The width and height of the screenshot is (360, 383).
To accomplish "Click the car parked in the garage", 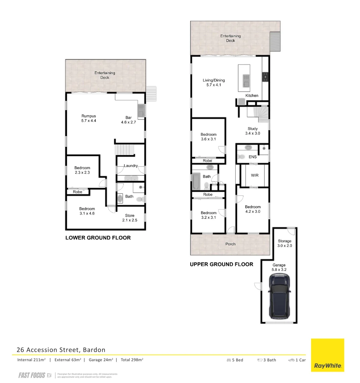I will coord(280,297).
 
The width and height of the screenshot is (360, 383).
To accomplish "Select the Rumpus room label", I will coord(89,118).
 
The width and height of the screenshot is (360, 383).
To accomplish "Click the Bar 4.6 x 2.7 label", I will coord(128,120).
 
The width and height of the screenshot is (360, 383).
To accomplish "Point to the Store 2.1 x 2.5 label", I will coord(130,218).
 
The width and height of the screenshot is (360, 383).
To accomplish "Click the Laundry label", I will coord(130,166).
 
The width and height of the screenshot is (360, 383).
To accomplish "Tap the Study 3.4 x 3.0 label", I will coord(253,131).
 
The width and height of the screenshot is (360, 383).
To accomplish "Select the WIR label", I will coord(255,176).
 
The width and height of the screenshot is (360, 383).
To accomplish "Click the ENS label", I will coord(253,157).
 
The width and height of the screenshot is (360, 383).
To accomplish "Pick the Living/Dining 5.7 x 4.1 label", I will coord(214,83).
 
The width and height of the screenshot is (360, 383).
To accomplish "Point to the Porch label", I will coord(230,244).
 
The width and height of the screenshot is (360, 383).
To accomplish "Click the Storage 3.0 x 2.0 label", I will coord(285,243).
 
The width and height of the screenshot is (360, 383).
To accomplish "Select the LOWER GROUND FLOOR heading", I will coord(98,238).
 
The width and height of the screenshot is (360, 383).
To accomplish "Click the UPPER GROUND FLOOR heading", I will coord(221,264).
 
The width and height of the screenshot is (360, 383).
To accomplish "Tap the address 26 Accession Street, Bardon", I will coord(61,350).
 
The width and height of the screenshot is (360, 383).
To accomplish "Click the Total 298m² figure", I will coord(132,360).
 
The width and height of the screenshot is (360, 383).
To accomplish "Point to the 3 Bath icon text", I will coord(266,360).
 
